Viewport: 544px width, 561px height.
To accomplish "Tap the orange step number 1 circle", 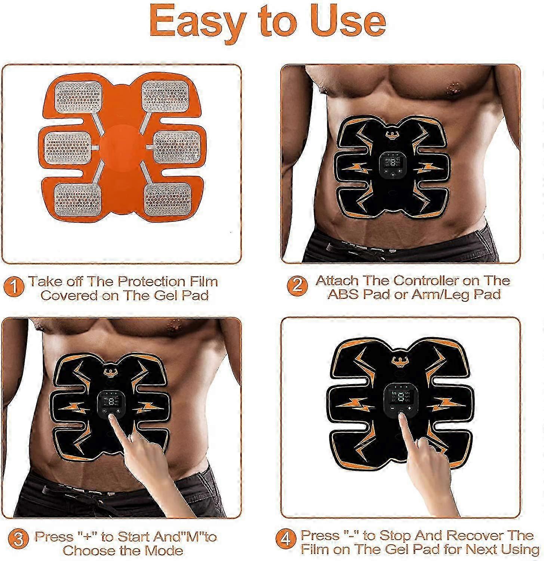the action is tap(15, 288).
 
